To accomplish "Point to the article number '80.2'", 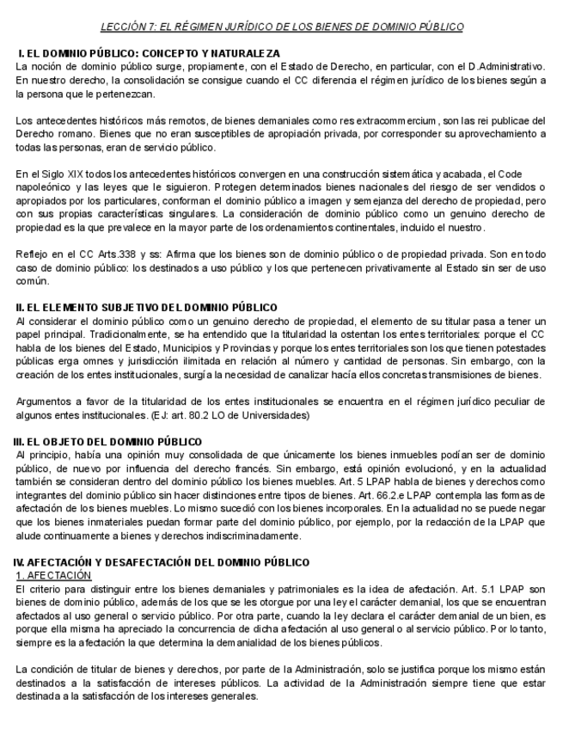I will pyautogui.click(x=195, y=416).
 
